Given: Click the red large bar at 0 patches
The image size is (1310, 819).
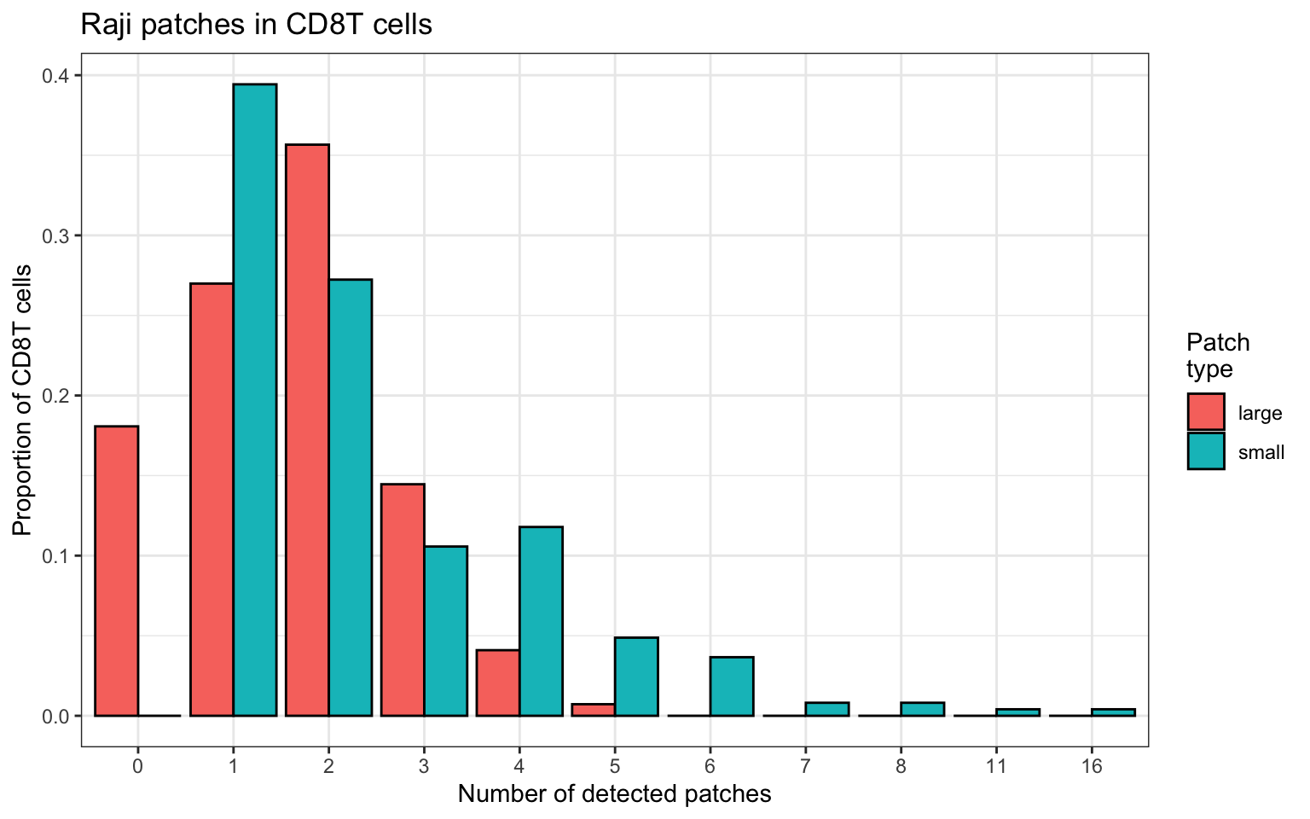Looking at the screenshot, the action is (116, 571).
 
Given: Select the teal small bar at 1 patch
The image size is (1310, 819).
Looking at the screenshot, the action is (255, 400).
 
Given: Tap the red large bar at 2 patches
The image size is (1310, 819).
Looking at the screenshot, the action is (307, 430).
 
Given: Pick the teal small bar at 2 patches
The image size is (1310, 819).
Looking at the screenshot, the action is (351, 498).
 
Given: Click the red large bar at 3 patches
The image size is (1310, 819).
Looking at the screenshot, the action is (403, 600).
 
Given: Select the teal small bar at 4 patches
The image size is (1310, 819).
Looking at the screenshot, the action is (541, 621).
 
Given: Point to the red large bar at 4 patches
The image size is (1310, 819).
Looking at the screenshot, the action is (498, 682).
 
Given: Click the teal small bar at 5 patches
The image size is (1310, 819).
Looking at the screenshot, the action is (636, 677).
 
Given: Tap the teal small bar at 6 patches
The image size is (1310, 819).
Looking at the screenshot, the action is (732, 686).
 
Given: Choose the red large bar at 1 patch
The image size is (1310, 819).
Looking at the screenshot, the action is (212, 500).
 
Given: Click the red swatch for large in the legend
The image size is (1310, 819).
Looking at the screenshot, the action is (1206, 412).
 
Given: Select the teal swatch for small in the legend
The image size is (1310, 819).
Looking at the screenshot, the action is (1206, 450).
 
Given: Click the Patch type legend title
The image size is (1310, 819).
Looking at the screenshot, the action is (1218, 356).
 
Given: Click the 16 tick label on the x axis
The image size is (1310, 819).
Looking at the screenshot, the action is (1092, 766).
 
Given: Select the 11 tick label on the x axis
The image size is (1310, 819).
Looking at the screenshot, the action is (996, 766).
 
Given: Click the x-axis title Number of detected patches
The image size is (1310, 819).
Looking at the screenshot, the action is (615, 794).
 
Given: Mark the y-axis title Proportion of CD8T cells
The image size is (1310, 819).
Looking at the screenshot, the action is (22, 400).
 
